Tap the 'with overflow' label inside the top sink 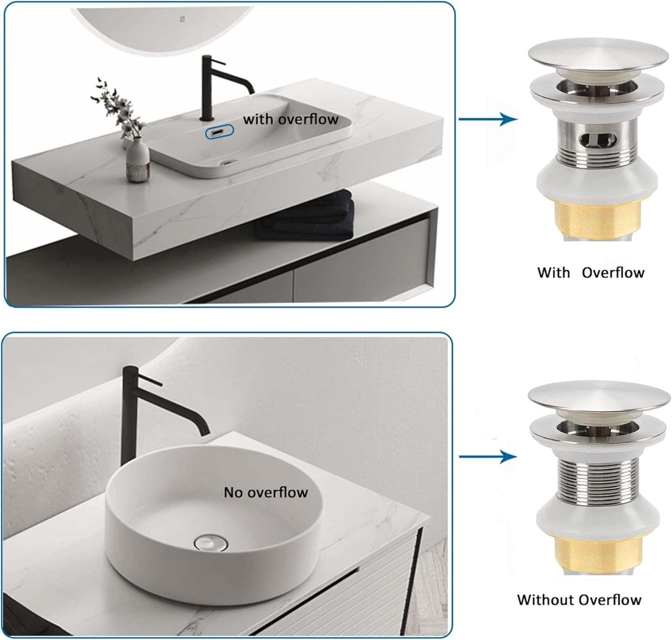tap(291, 120)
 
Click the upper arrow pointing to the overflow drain tap(488, 120)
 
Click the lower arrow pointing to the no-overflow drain tap(488, 456)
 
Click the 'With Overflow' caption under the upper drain tap(591, 273)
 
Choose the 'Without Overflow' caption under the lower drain tap(579, 600)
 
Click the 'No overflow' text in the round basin tap(266, 493)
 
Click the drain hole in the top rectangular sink tap(226, 163)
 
